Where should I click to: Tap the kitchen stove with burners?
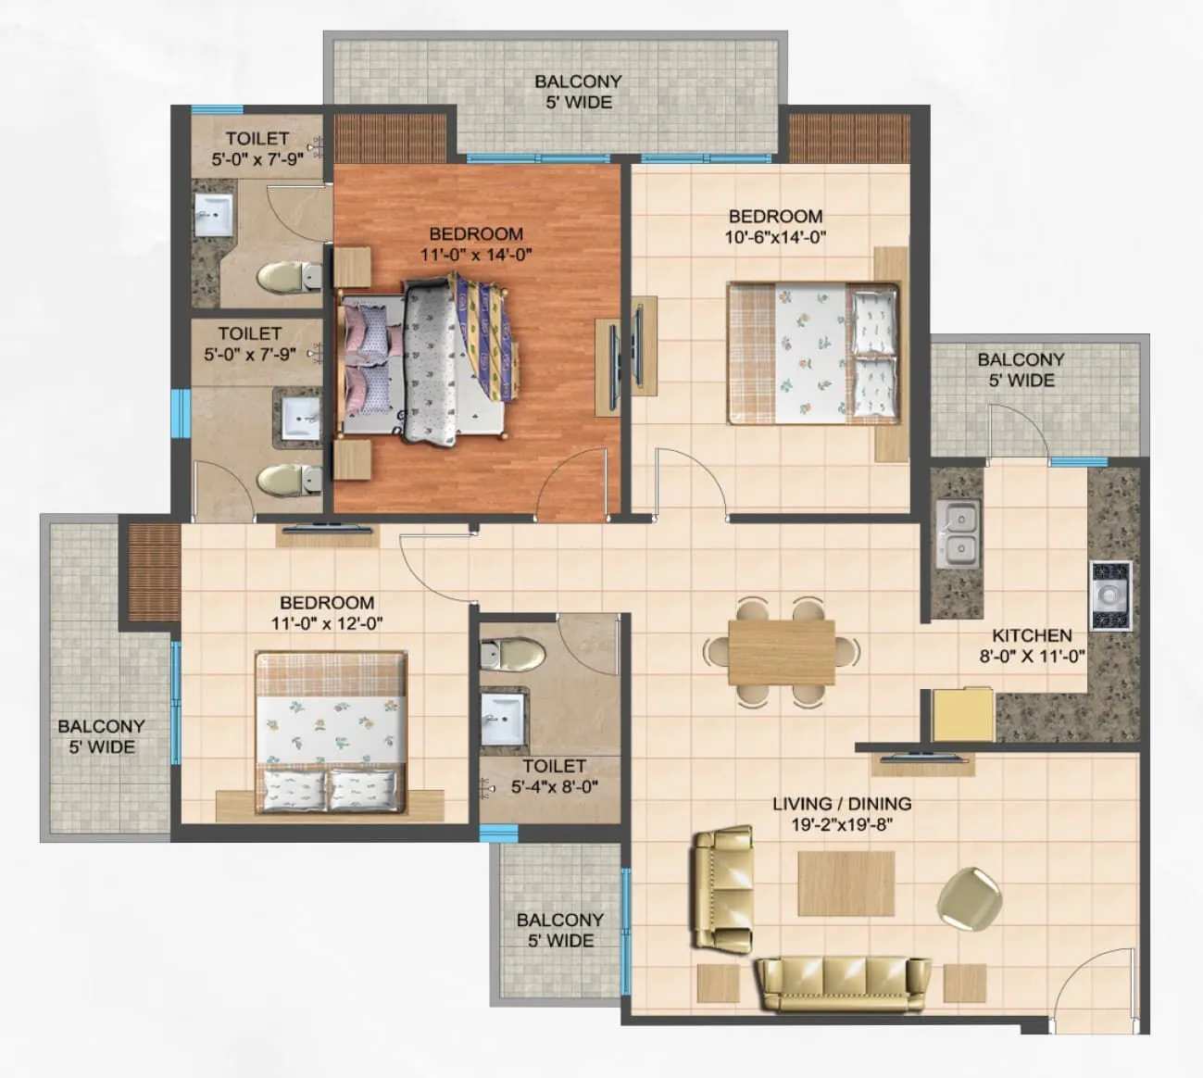point(1109,595)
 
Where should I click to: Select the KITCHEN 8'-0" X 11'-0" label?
point(1032,646)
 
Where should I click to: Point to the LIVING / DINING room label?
point(842,804)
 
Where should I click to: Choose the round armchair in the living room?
point(969,896)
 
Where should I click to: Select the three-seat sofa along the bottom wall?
point(842,984)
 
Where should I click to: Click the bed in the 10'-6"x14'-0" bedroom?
point(812,352)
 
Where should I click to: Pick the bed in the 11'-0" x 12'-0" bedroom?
point(331,732)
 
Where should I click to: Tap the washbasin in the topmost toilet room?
point(215,219)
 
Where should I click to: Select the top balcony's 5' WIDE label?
point(578,103)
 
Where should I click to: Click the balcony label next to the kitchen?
point(1021,370)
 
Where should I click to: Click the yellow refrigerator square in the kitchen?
point(962,714)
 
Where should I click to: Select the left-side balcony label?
point(101,736)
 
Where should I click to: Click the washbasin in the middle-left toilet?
point(298,418)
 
